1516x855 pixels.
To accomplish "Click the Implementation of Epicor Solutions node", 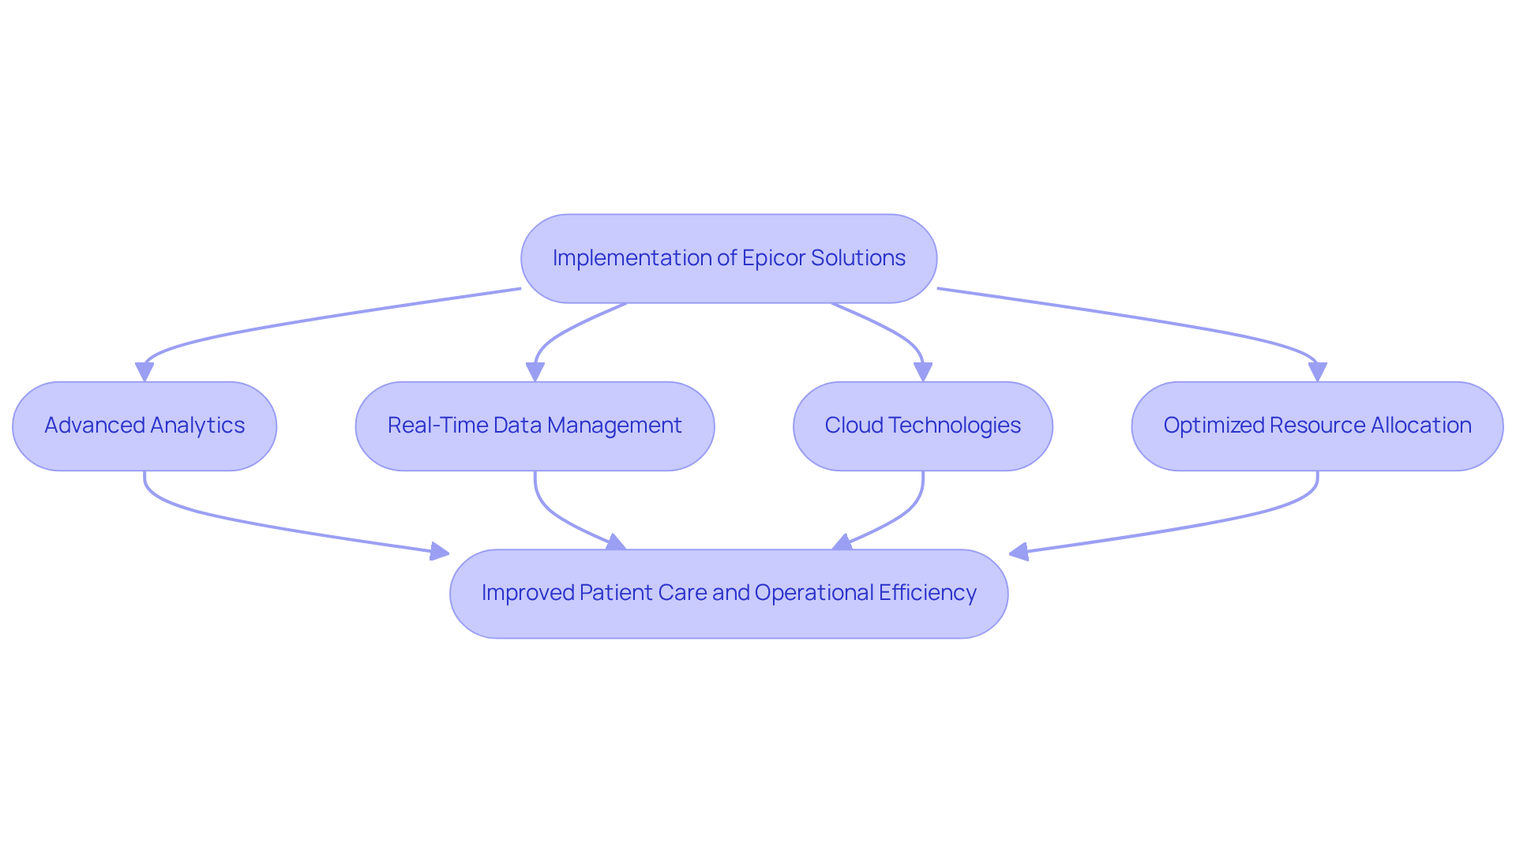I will click(x=728, y=258).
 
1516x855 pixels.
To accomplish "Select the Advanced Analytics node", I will click(x=144, y=426).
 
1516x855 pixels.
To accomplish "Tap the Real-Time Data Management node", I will click(x=535, y=426).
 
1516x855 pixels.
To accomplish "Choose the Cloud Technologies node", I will click(x=922, y=426).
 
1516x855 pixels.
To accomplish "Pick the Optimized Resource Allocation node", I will click(x=1317, y=426).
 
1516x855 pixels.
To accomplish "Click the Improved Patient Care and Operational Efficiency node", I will click(x=728, y=593).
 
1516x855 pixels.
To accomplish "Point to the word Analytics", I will click(x=197, y=426).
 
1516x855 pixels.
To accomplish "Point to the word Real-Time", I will click(x=437, y=426).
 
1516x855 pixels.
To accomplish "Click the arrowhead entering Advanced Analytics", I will click(x=144, y=372).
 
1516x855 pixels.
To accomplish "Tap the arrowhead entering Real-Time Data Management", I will click(x=535, y=372).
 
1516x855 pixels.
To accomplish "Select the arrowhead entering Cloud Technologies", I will click(x=922, y=372).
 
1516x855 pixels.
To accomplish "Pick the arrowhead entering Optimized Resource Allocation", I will click(x=1317, y=372).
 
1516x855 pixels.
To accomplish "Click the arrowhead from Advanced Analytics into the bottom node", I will click(x=439, y=551).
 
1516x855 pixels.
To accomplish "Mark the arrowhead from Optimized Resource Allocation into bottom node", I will click(x=1019, y=552).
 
